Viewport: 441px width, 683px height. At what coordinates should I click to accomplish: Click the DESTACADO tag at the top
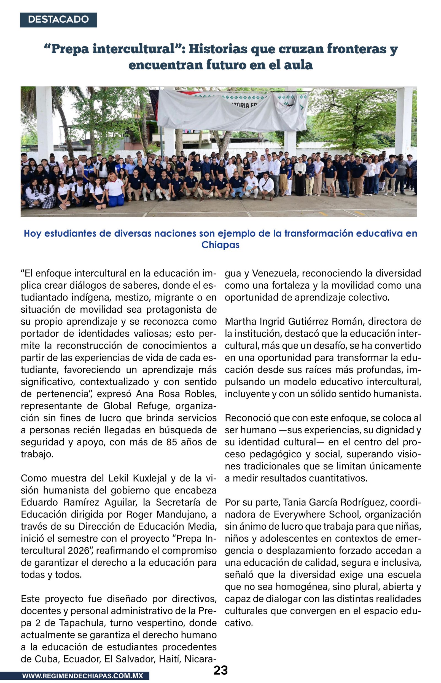point(58,20)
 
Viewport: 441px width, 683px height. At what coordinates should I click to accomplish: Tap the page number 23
point(220,670)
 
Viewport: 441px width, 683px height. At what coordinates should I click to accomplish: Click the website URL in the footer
point(82,676)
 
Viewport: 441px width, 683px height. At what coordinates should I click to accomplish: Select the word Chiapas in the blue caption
point(220,245)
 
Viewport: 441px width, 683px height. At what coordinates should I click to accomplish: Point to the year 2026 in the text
point(79,550)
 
